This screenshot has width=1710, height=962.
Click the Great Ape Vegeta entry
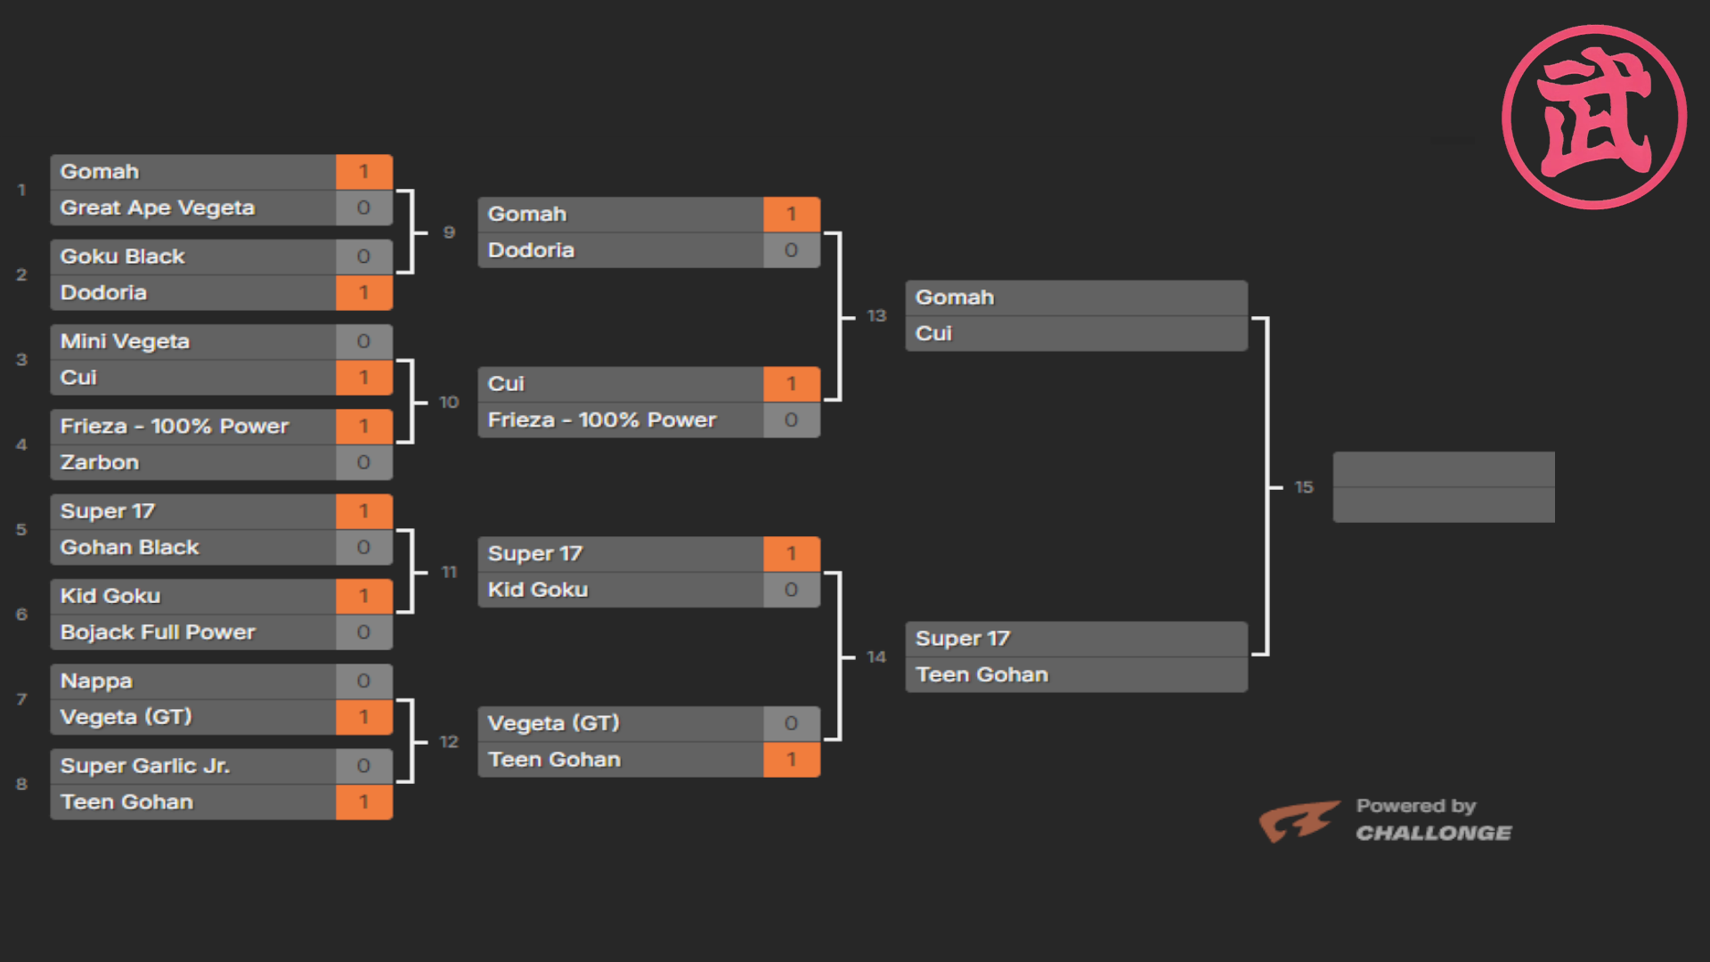158,208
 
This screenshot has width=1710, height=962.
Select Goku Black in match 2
123,257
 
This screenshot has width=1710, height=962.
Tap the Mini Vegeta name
125,341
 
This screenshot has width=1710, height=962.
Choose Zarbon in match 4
100,462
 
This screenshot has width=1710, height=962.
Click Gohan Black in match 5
130,547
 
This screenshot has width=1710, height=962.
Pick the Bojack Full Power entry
158,632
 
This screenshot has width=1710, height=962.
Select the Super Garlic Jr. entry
145,766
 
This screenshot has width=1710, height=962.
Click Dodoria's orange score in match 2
363,293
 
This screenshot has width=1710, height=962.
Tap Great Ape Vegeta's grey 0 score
363,208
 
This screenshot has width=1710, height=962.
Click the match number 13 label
876,315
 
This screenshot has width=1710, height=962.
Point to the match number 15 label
1304,487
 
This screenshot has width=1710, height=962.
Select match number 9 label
449,232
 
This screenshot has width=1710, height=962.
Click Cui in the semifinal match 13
933,333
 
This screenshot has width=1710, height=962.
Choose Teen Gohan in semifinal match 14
981,675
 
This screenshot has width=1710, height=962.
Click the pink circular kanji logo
1594,117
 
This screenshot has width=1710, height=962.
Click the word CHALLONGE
1433,834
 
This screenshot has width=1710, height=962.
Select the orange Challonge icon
1298,820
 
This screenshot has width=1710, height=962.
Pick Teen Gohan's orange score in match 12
791,760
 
